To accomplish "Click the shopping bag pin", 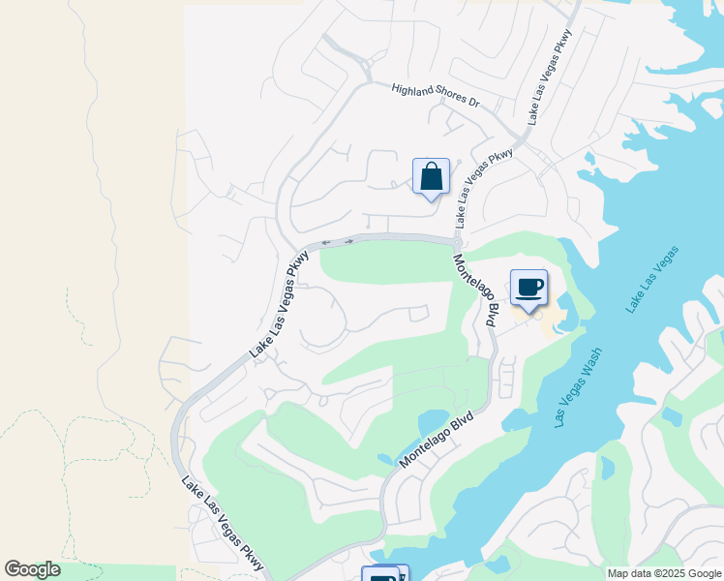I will point(431,178).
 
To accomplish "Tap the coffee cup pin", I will point(528,289).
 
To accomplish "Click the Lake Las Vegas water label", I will point(653,280).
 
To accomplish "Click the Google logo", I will point(32,569).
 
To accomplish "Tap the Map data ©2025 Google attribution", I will point(663,573).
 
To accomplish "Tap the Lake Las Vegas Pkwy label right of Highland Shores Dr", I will point(550,75).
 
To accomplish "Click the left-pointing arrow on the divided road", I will point(326,242).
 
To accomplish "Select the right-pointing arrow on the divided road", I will point(347,241).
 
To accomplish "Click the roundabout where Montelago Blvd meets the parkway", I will point(456,242).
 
